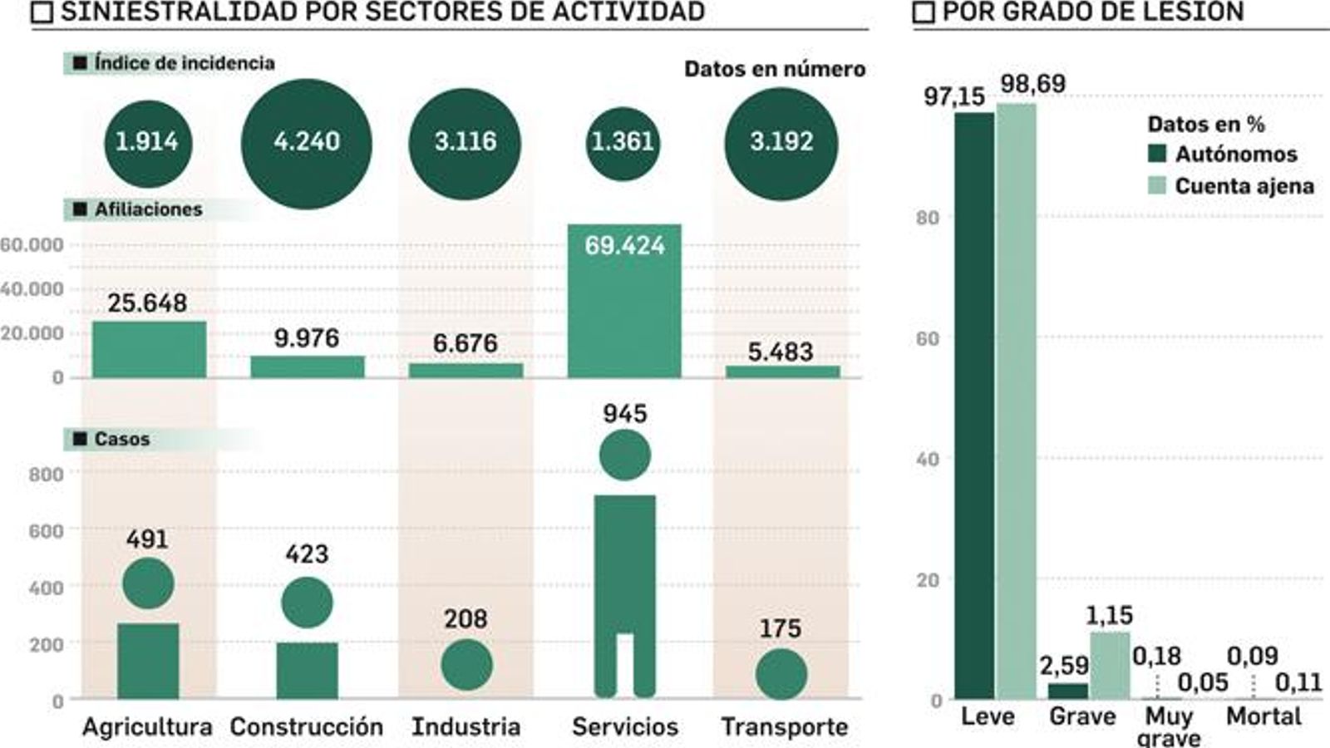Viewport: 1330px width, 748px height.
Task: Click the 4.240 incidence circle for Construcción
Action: [306, 143]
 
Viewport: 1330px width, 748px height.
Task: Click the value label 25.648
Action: [147, 303]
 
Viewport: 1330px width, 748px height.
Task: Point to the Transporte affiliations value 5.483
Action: [781, 352]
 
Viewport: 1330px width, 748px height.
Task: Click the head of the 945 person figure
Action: [624, 455]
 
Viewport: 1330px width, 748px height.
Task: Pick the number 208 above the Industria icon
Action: [465, 619]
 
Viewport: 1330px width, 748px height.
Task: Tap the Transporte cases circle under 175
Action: [781, 673]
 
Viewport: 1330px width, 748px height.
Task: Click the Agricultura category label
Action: [147, 726]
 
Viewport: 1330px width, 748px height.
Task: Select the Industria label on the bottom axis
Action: [465, 726]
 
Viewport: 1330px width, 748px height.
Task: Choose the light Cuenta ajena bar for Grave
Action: [1110, 665]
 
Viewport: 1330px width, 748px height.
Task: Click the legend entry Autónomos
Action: [1235, 154]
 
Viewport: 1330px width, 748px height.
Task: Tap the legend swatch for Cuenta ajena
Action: [1157, 185]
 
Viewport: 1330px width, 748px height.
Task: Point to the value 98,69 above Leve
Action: [1032, 84]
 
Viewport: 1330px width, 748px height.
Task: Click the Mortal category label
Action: [1263, 716]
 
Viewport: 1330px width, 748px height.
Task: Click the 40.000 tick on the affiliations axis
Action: [32, 289]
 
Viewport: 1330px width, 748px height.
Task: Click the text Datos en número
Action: [774, 69]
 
